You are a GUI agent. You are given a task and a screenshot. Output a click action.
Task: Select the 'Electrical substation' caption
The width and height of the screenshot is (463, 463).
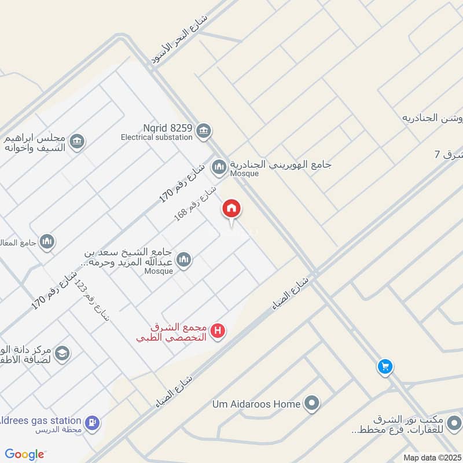point(156,138)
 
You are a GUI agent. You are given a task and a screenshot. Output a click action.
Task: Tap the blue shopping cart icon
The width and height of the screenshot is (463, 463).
point(385,367)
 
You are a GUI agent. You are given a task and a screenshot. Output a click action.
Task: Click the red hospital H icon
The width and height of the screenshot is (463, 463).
point(218,331)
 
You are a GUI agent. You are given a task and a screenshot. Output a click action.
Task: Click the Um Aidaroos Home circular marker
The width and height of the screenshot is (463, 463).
point(313,403)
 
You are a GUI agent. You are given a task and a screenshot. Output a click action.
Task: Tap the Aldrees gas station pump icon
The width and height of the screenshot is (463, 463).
point(91,424)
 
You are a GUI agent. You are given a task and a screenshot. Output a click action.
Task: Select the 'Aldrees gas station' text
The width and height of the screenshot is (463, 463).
point(41,420)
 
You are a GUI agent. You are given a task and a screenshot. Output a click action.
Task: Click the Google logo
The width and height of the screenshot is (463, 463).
point(24,455)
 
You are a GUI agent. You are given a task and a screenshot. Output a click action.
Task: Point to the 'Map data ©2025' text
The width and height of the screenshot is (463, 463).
point(431,458)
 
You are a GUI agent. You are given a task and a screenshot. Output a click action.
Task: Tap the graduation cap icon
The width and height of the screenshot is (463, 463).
point(63,352)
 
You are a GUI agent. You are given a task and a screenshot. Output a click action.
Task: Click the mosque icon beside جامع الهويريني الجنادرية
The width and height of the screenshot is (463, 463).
point(219,168)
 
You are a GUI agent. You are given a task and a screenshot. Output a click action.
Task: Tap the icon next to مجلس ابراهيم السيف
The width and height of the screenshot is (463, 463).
point(76,141)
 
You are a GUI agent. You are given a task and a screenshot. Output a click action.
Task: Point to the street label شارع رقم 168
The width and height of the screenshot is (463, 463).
point(196,203)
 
